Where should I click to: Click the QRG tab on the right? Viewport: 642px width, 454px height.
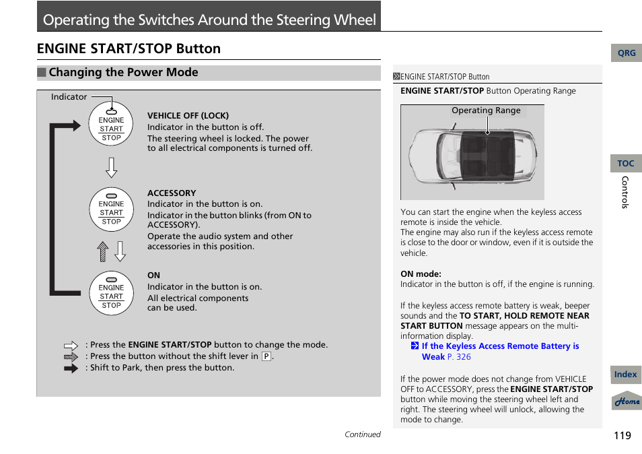pyautogui.click(x=626, y=53)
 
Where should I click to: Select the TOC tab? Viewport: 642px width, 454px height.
pyautogui.click(x=626, y=164)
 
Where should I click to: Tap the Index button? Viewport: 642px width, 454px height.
pyautogui.click(x=626, y=375)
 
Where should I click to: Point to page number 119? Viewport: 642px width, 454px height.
pyautogui.click(x=622, y=435)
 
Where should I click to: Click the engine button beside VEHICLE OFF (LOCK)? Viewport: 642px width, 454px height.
pyautogui.click(x=111, y=124)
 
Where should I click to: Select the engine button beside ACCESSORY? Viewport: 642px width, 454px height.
pyautogui.click(x=111, y=209)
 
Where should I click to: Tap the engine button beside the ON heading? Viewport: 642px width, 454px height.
pyautogui.click(x=111, y=292)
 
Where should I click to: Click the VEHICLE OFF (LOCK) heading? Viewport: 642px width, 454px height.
pyautogui.click(x=188, y=116)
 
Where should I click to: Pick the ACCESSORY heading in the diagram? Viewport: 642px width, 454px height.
pyautogui.click(x=172, y=193)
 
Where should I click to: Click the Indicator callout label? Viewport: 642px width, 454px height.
pyautogui.click(x=69, y=97)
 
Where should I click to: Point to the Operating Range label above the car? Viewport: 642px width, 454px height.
pyautogui.click(x=486, y=110)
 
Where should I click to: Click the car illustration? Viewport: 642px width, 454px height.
pyautogui.click(x=472, y=156)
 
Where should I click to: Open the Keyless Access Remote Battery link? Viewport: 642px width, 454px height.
pyautogui.click(x=499, y=346)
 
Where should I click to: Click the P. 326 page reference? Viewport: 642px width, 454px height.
pyautogui.click(x=459, y=357)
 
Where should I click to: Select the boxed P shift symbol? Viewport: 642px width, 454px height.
pyautogui.click(x=266, y=356)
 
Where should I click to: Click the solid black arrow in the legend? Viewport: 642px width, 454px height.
pyautogui.click(x=71, y=368)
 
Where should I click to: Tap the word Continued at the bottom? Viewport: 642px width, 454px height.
pyautogui.click(x=362, y=434)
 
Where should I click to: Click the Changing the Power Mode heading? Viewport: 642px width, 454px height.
pyautogui.click(x=123, y=73)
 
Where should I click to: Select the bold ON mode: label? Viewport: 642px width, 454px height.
pyautogui.click(x=421, y=274)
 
